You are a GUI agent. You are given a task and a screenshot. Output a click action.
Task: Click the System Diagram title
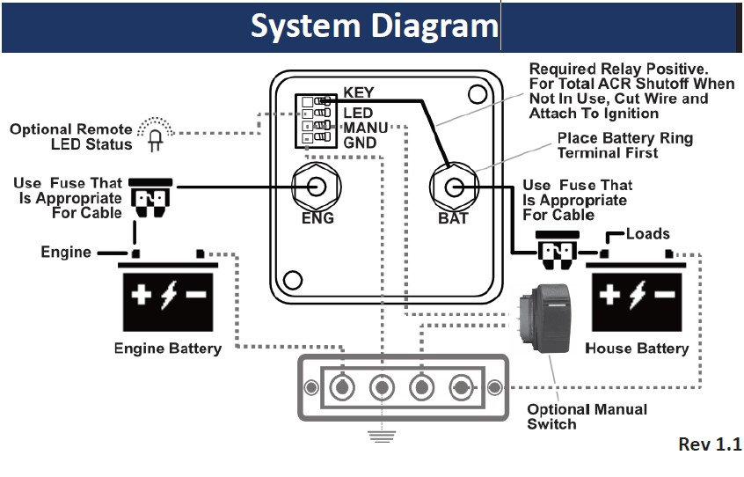(x=374, y=26)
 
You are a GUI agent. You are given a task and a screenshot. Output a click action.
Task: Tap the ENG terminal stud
(x=317, y=187)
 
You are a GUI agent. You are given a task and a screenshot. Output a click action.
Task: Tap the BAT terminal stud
(x=453, y=187)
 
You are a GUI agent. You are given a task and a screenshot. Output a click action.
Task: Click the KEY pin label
(x=359, y=92)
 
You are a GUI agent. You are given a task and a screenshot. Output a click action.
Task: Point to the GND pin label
(x=360, y=143)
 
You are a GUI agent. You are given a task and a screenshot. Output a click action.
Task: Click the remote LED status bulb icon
(x=156, y=136)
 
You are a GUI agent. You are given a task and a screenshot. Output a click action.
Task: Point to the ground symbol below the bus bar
(x=381, y=435)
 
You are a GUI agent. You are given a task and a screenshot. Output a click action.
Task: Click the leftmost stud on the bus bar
(x=341, y=387)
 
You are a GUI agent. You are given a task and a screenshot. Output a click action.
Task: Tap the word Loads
(x=648, y=234)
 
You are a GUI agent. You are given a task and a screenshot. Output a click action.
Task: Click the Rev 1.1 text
(x=710, y=444)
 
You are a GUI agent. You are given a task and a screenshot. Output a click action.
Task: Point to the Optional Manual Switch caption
(x=587, y=416)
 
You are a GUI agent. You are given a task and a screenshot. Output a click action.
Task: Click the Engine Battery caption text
(x=168, y=349)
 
